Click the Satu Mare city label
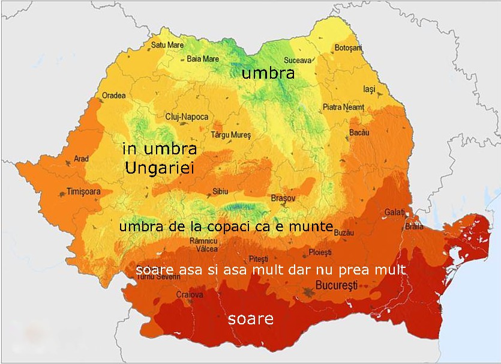click(167, 44)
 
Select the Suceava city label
click(298, 60)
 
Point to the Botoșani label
click(349, 47)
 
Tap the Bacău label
click(359, 132)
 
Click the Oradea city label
click(114, 96)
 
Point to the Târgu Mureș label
click(231, 135)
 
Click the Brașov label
click(283, 198)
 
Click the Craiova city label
click(190, 294)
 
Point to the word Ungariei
click(160, 168)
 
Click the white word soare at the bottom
click(250, 319)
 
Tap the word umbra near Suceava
click(268, 73)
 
